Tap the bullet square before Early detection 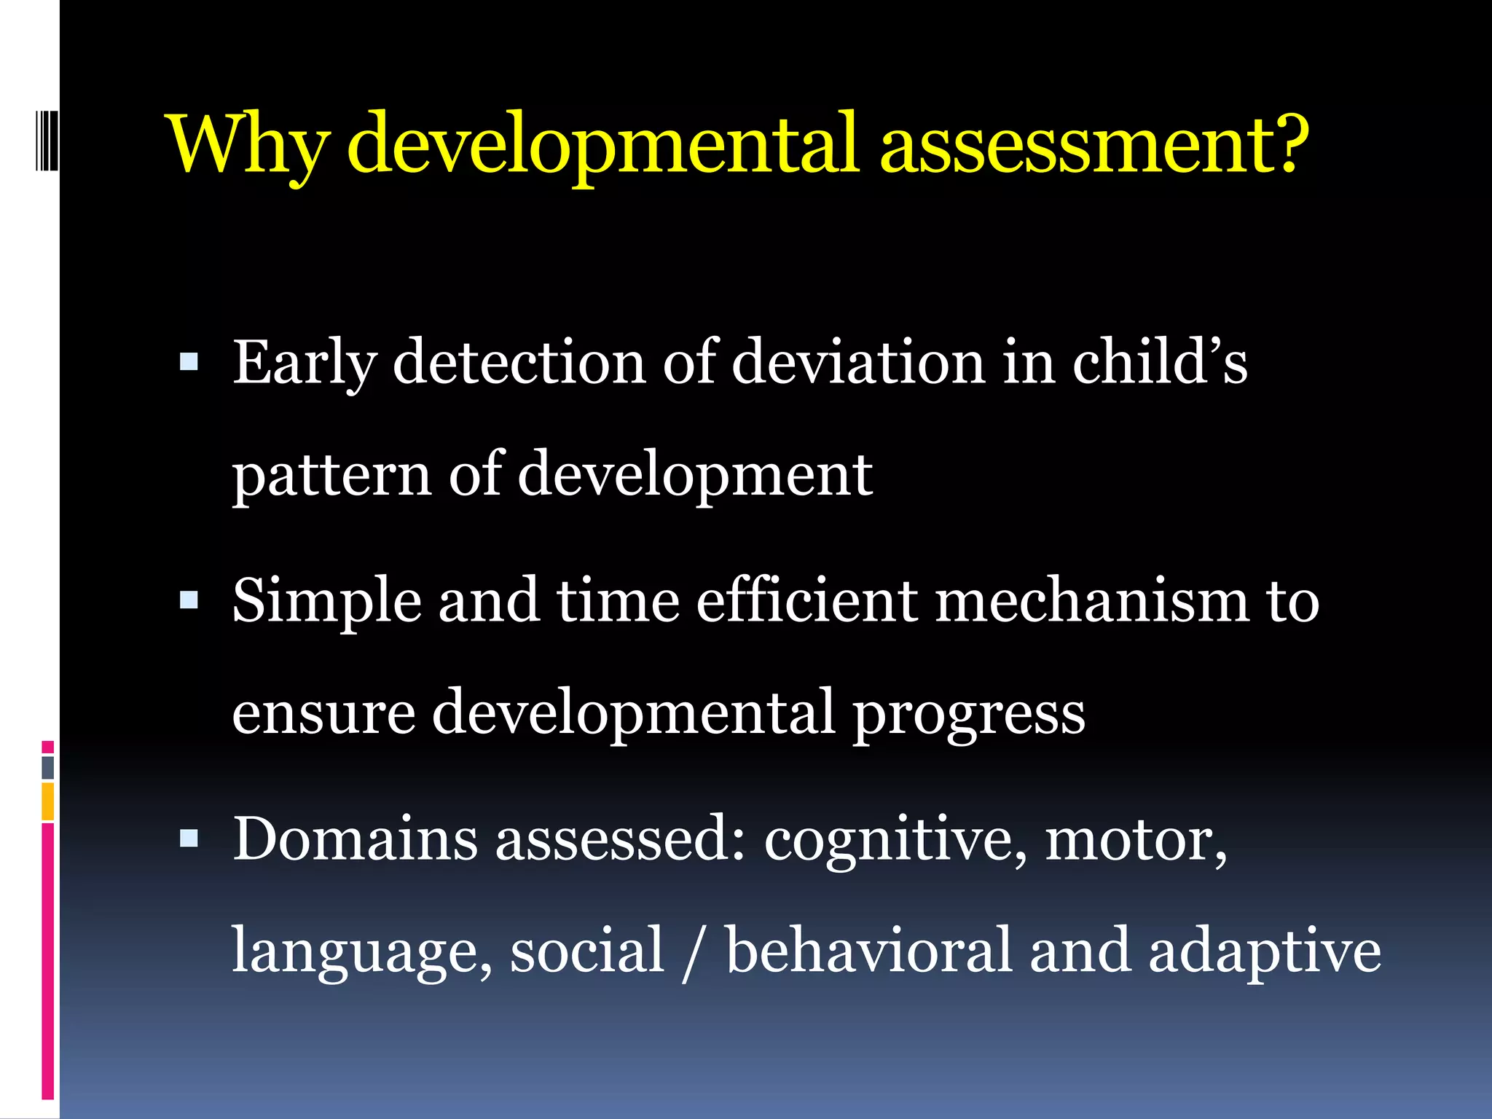click(189, 361)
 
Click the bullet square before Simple click(189, 600)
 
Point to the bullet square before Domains click(189, 839)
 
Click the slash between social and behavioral click(689, 951)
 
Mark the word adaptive click(1264, 953)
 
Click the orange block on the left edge click(48, 801)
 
